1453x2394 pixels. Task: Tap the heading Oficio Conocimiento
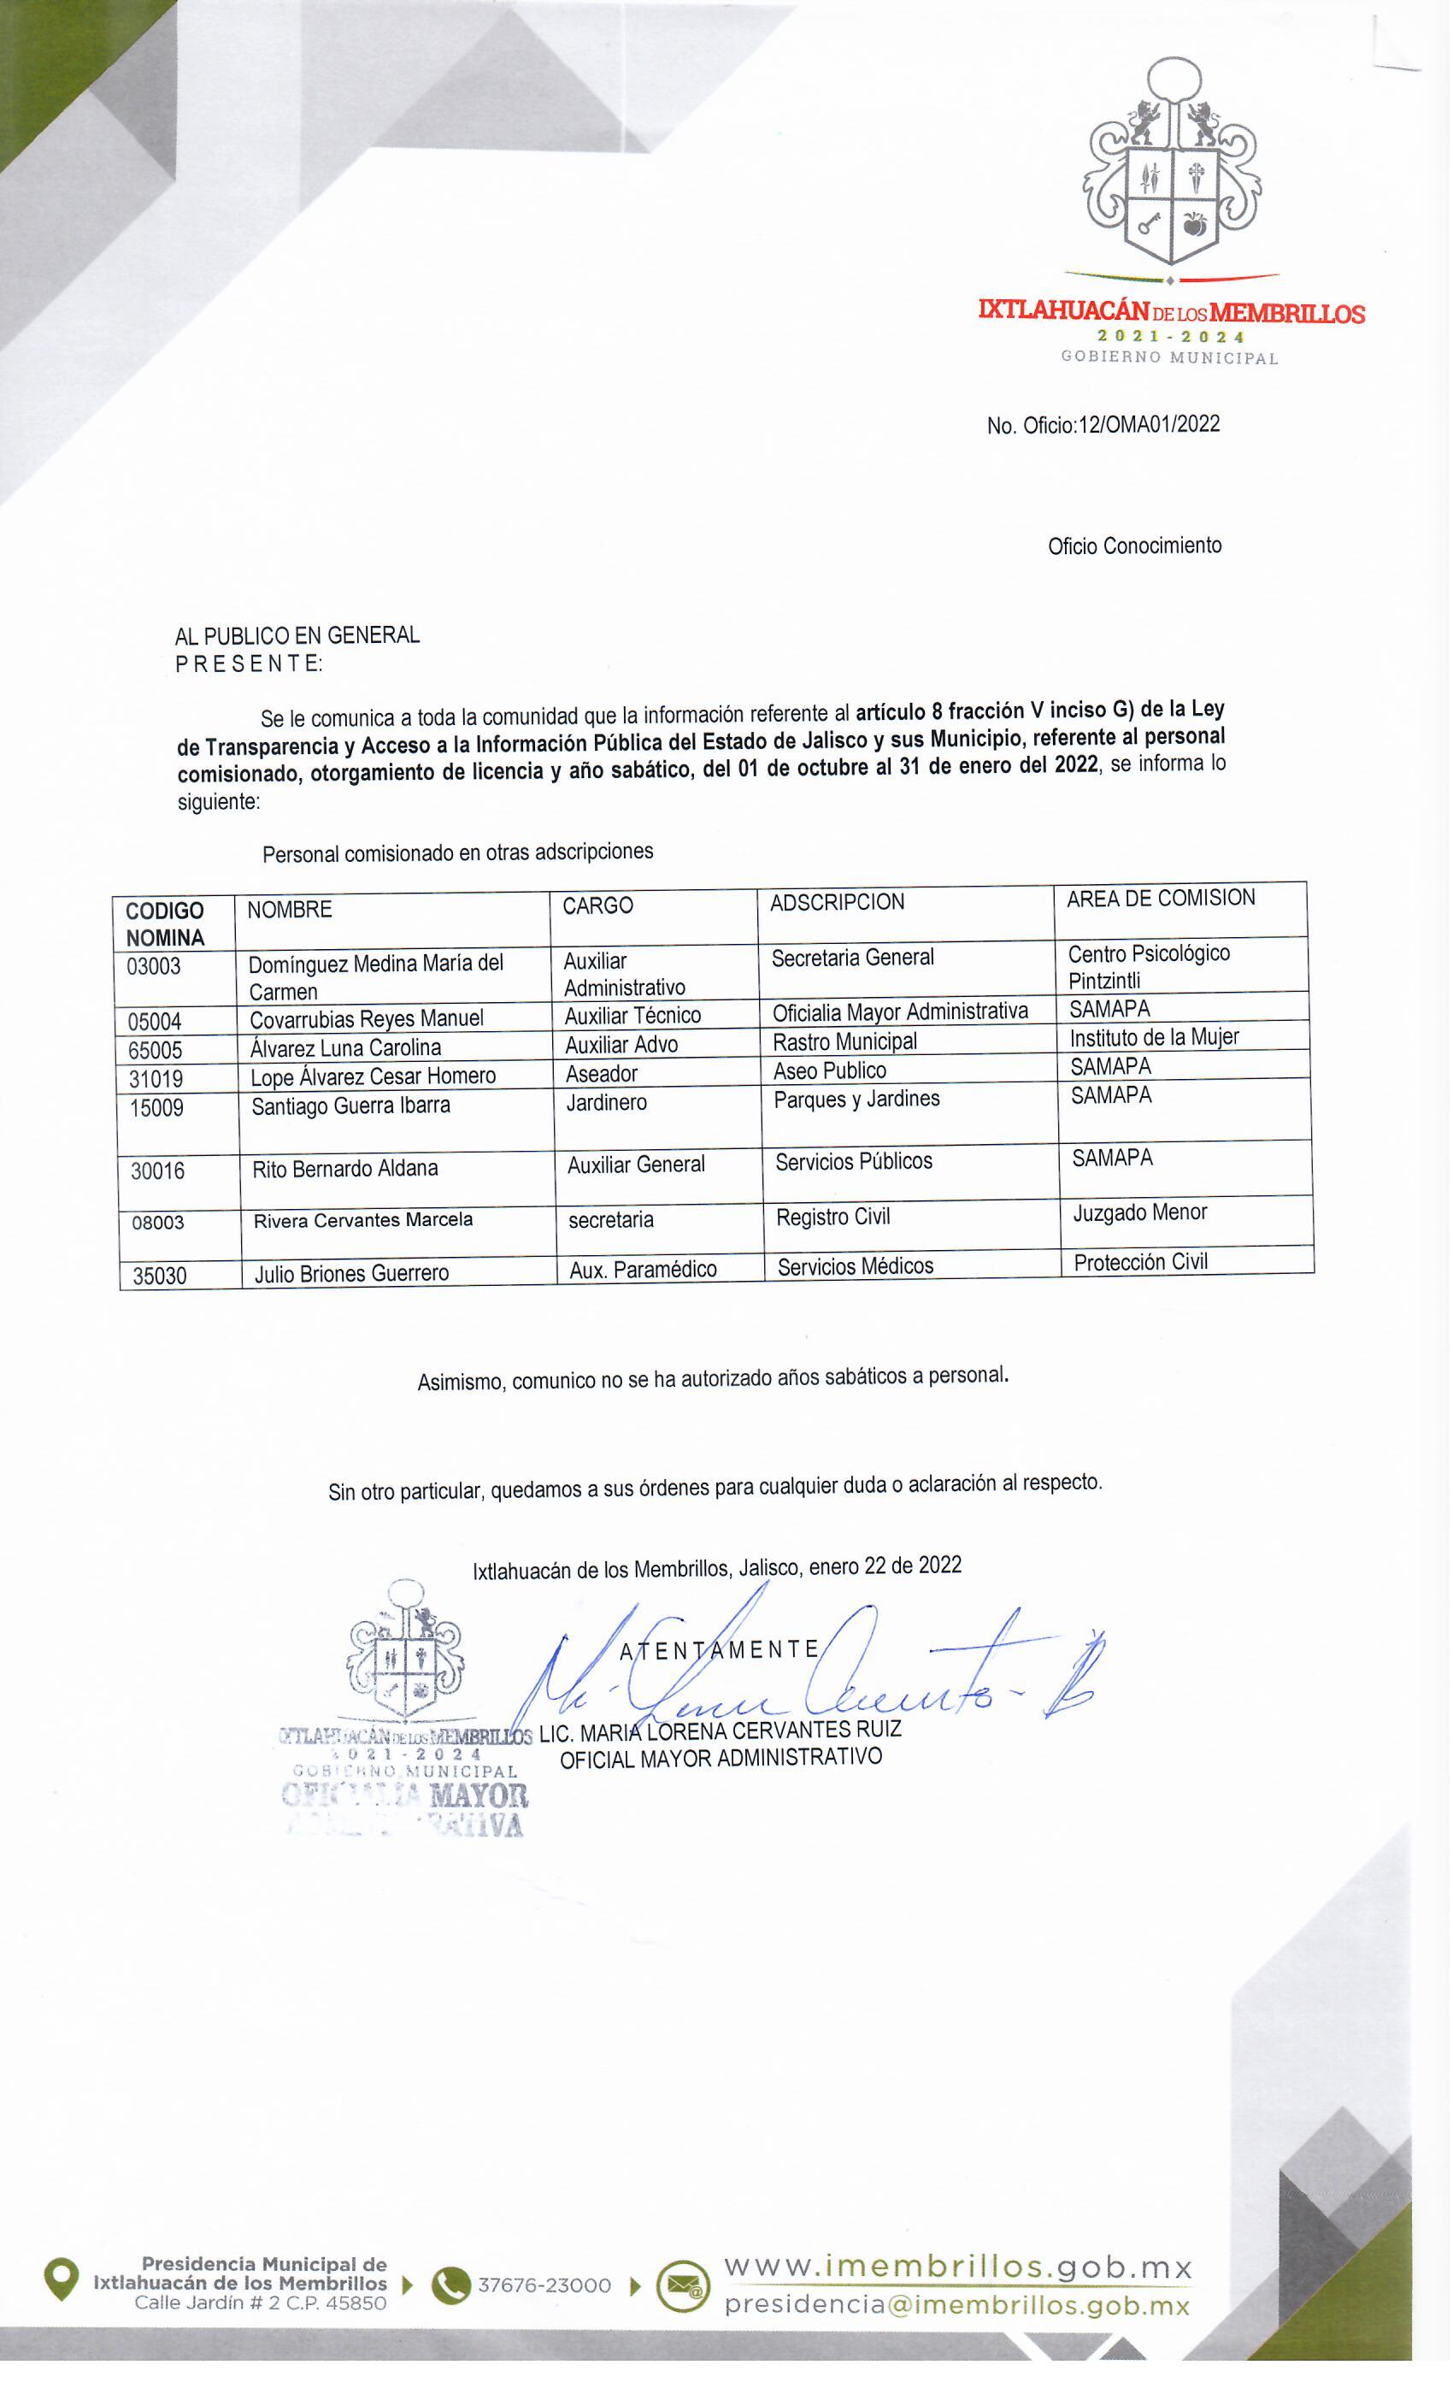1134,546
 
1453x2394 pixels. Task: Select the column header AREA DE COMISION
1161,899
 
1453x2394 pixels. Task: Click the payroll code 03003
154,967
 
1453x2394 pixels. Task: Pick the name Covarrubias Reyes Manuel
366,1019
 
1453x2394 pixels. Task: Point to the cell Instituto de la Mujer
1154,1038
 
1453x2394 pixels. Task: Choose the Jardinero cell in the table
606,1103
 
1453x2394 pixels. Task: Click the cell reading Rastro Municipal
844,1041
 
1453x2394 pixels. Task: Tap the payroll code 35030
159,1276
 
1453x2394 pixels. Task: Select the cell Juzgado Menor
1139,1212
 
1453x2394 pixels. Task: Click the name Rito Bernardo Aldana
344,1169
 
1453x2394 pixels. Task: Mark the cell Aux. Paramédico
642,1270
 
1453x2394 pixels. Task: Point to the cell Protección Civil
1140,1262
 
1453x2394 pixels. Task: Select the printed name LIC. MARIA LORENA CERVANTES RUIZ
720,1731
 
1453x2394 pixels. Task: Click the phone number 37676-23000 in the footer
544,2285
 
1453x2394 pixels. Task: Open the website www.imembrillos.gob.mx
957,2267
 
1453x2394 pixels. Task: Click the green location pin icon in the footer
62,2280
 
